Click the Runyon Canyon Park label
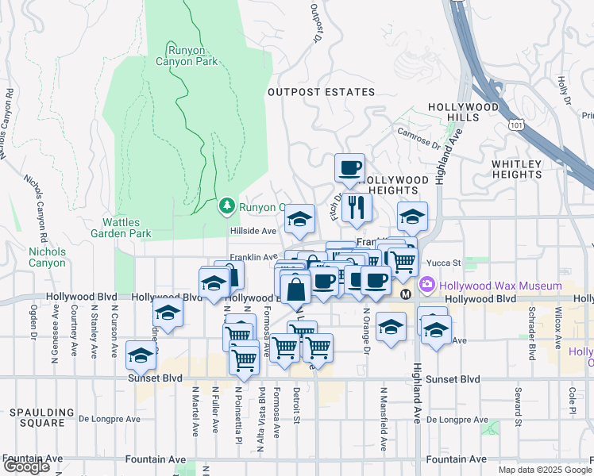[x=191, y=54]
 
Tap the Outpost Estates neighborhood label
[x=321, y=92]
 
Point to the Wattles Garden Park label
[x=126, y=228]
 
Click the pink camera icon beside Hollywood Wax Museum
[x=427, y=284]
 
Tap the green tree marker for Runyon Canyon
[x=228, y=206]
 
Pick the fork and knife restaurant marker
[x=356, y=207]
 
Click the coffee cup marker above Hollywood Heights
[x=349, y=168]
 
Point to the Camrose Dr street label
[x=418, y=140]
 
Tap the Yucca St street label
[x=445, y=263]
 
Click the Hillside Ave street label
[x=253, y=230]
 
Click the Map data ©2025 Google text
[x=544, y=470]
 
